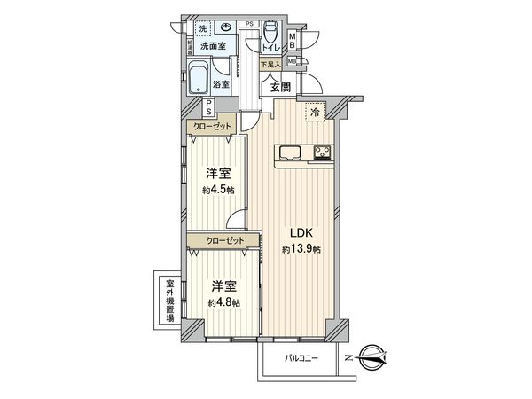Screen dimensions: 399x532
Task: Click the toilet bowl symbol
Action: [x=270, y=33]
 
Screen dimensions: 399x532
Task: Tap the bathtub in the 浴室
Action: [x=199, y=80]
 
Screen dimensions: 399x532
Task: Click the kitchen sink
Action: [x=291, y=154]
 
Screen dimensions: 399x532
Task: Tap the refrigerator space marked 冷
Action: [x=314, y=112]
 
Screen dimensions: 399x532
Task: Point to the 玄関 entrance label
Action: [x=280, y=86]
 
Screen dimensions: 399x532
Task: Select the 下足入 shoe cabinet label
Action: [x=270, y=64]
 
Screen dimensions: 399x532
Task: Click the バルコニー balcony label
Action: [x=301, y=359]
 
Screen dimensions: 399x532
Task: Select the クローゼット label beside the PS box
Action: [x=213, y=127]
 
